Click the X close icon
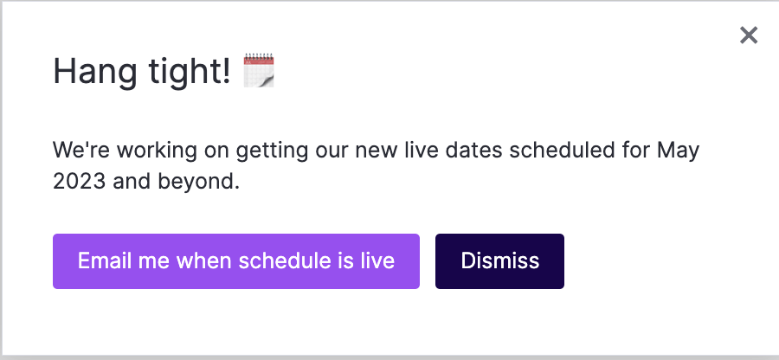coord(749,35)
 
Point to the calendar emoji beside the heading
coord(259,70)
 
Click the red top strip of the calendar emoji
coord(258,60)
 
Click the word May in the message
coord(678,151)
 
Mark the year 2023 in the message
coord(80,182)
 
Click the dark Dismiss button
coord(499,261)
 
